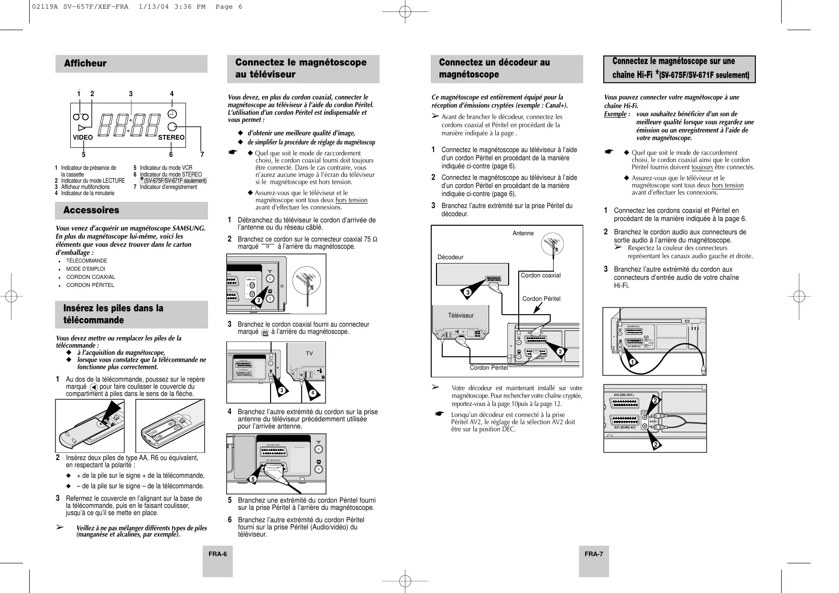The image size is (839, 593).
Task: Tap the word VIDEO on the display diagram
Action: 83,137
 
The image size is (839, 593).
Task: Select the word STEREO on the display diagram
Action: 171,137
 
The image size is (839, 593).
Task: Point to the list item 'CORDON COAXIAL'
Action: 90,277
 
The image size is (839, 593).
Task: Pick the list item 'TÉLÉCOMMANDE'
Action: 87,261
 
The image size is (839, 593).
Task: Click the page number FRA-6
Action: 217,554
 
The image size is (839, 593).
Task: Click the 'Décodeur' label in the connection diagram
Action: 450,257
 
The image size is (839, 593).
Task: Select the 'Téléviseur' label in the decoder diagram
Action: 461,316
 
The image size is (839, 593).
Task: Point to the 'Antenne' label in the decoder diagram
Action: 523,233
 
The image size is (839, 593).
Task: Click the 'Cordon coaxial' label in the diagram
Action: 540,275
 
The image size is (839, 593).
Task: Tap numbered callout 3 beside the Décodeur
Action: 468,292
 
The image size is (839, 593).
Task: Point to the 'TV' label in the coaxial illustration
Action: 309,353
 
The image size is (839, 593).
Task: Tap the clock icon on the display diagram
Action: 173,114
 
